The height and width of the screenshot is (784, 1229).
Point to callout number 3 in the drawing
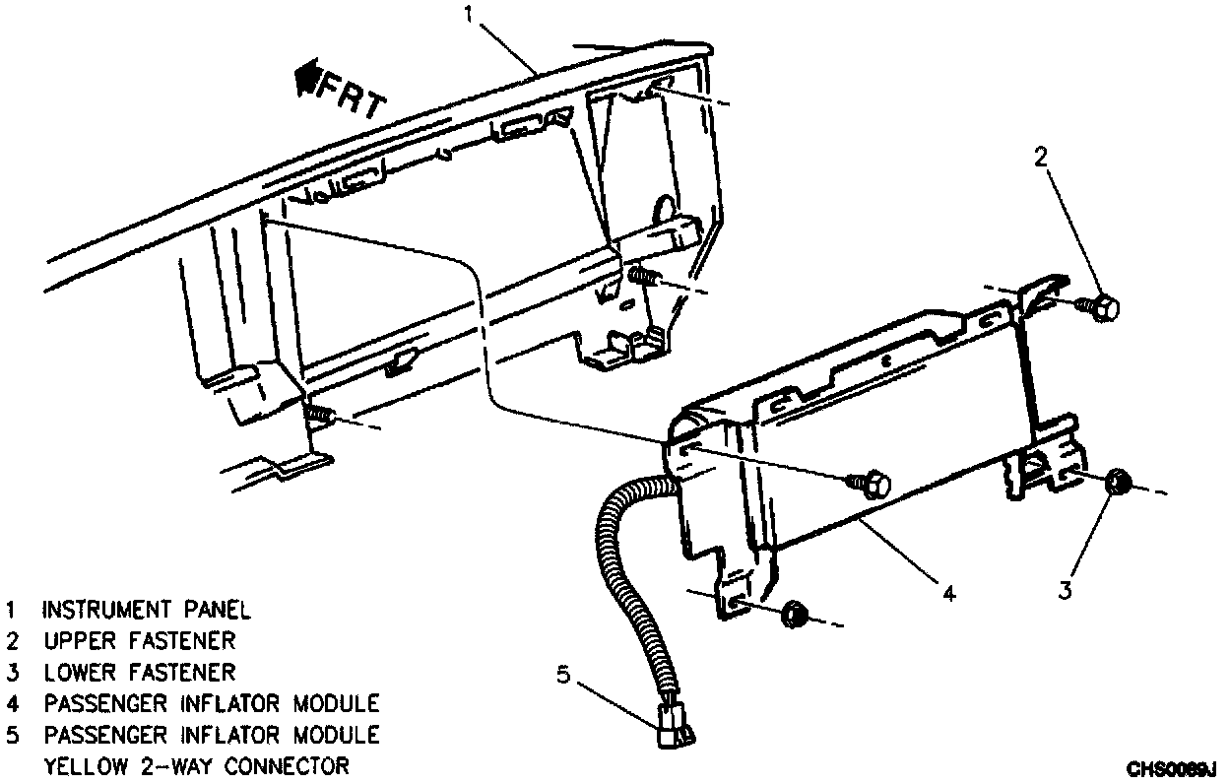[x=1066, y=590]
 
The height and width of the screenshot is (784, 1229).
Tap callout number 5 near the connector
[x=563, y=675]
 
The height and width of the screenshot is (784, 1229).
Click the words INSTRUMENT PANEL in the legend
[x=146, y=610]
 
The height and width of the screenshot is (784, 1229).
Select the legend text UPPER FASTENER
[x=139, y=641]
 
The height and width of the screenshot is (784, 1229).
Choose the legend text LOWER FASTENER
[x=139, y=673]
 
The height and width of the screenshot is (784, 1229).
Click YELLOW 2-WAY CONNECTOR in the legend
[x=196, y=766]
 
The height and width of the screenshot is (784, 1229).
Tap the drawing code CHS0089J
[x=1173, y=768]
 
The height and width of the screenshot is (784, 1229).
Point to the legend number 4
[x=11, y=704]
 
